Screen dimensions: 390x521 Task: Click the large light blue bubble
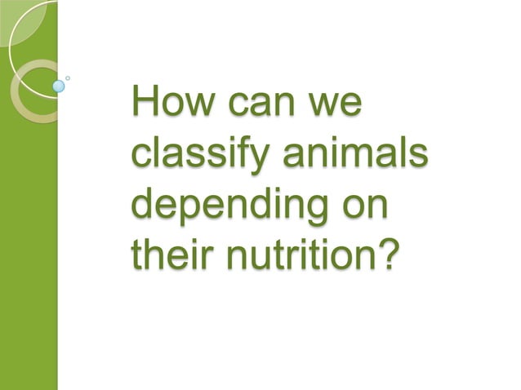click(59, 85)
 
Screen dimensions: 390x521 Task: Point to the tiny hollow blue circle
click(68, 78)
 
